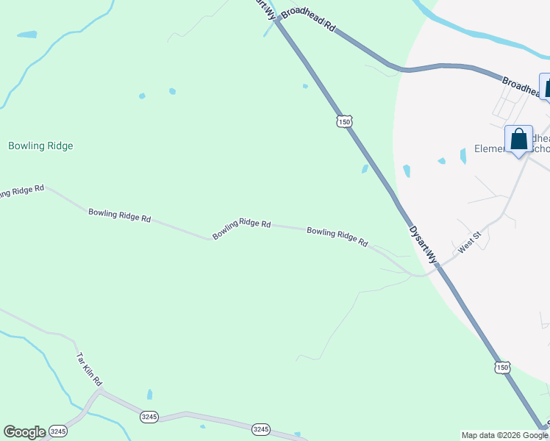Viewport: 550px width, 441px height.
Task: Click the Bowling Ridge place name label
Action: [x=40, y=146]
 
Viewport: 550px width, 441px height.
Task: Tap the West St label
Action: [x=469, y=243]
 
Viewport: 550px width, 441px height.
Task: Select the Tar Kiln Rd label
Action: [x=90, y=370]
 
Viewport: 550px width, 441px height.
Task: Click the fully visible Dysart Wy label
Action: [x=423, y=245]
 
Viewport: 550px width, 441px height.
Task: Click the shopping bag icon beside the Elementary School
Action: [x=518, y=140]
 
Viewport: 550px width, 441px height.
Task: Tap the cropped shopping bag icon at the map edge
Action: [x=546, y=87]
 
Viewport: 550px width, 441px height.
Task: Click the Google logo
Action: [x=24, y=432]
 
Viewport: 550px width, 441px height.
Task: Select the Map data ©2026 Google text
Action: [x=505, y=435]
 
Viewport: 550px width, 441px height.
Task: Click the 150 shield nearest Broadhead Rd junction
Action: [x=343, y=121]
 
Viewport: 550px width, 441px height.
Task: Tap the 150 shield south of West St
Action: [x=501, y=367]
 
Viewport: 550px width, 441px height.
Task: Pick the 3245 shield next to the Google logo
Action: [x=59, y=431]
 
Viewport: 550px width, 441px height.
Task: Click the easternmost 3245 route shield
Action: [x=260, y=429]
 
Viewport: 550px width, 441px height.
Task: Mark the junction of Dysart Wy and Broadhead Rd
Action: [x=277, y=22]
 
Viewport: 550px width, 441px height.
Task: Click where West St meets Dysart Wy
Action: [x=437, y=267]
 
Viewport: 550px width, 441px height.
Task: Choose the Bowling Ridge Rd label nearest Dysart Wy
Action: [x=337, y=235]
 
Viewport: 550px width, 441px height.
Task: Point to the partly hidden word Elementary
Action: [x=490, y=149]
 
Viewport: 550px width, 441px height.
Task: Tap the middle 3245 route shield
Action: [x=149, y=417]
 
